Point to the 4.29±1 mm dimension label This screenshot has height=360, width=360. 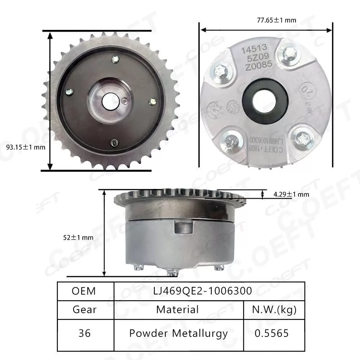tap(291, 194)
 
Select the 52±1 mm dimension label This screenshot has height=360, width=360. tap(77, 237)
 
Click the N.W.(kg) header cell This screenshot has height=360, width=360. tap(275, 310)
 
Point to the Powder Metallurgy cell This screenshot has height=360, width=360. tap(178, 333)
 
